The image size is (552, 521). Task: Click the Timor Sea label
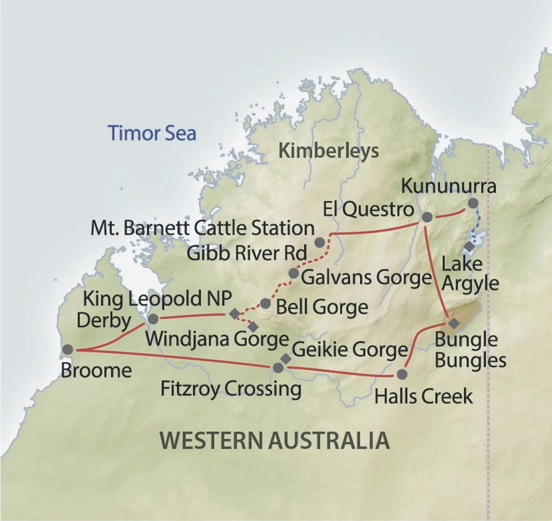[x=152, y=133]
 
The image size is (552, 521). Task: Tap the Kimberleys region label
[x=329, y=151]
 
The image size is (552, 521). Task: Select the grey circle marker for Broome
[x=68, y=350]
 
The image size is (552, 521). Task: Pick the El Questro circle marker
[x=427, y=217]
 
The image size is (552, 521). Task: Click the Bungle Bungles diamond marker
[x=454, y=323]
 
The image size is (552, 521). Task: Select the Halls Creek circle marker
[x=402, y=374]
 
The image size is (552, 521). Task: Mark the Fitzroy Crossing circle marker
[x=277, y=368]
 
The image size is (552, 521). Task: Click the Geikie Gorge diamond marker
[x=285, y=358]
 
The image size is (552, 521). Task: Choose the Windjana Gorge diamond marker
[x=253, y=326]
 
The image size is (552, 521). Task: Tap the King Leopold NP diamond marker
[x=234, y=314]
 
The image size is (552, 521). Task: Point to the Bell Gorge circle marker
[x=265, y=303]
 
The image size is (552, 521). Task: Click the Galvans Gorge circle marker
[x=294, y=273]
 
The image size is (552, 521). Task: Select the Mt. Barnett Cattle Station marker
[x=320, y=243]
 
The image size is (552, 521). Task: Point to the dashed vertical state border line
[x=488, y=374]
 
